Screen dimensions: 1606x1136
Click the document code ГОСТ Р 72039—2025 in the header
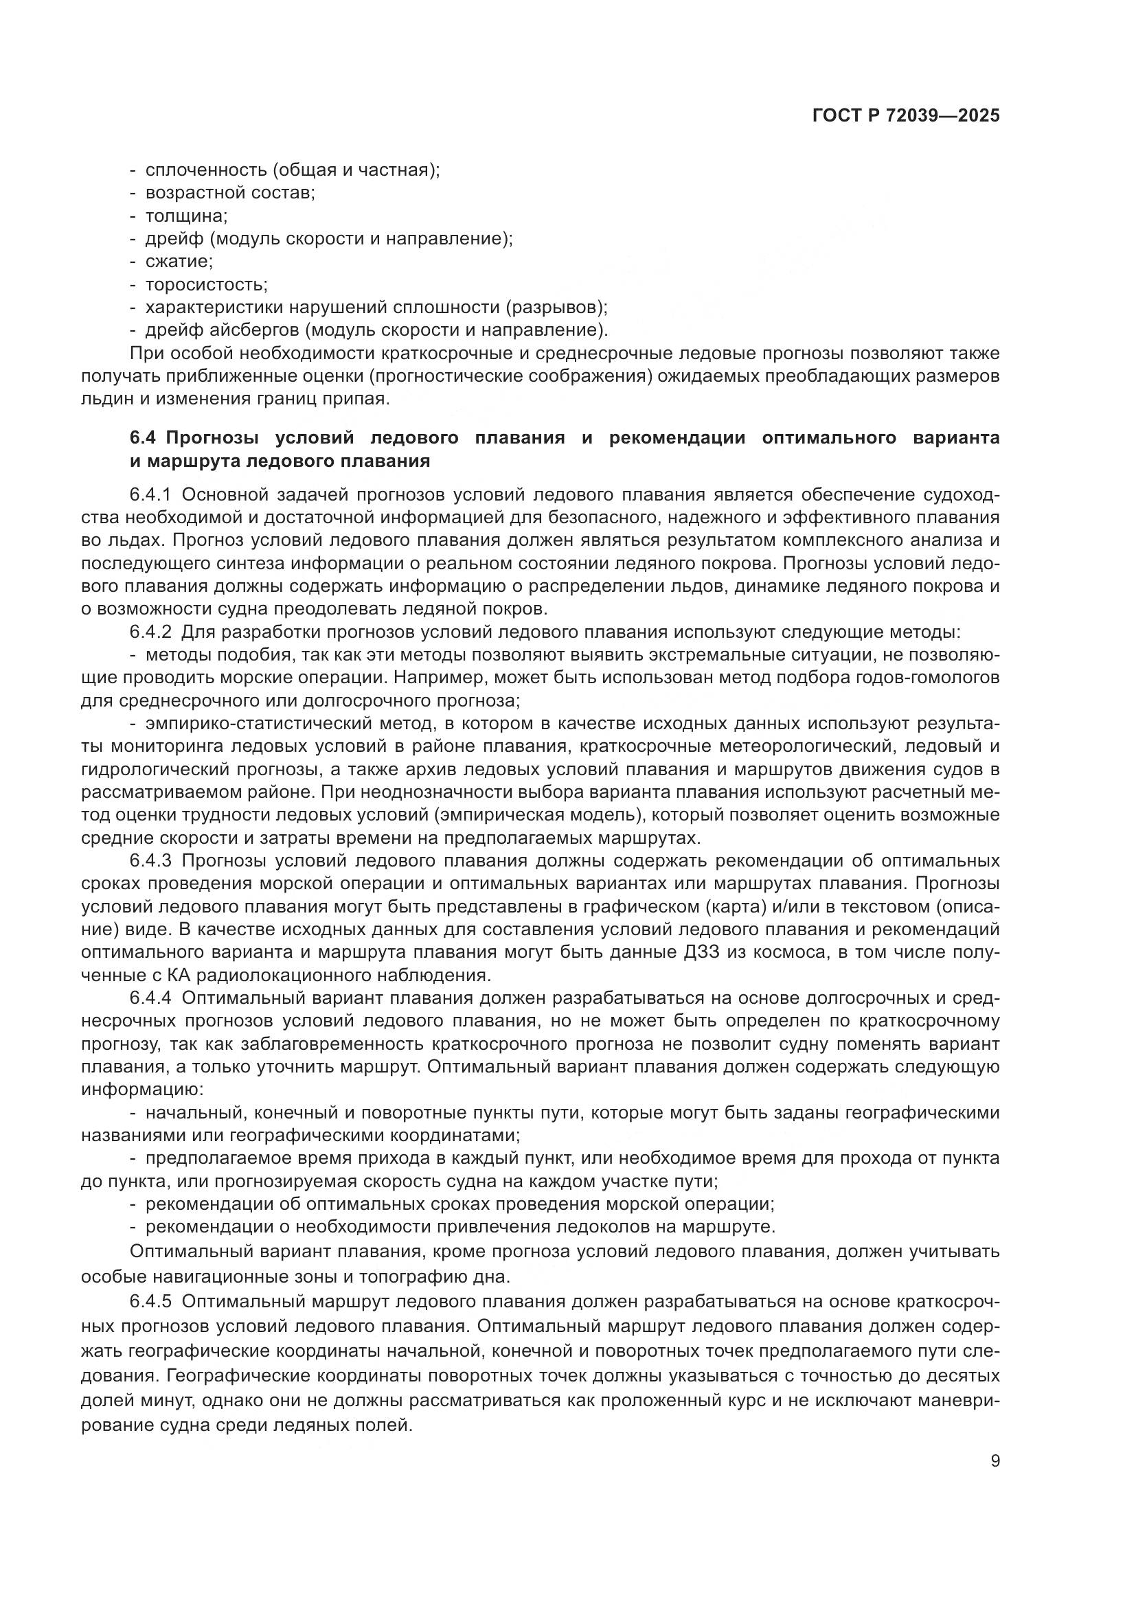click(x=906, y=116)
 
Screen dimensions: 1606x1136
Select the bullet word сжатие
click(x=179, y=262)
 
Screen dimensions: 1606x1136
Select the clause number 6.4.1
click(x=150, y=495)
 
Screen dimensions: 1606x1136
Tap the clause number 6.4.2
click(x=150, y=632)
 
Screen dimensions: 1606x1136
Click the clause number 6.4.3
click(x=150, y=860)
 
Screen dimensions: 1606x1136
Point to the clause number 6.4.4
click(x=150, y=998)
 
